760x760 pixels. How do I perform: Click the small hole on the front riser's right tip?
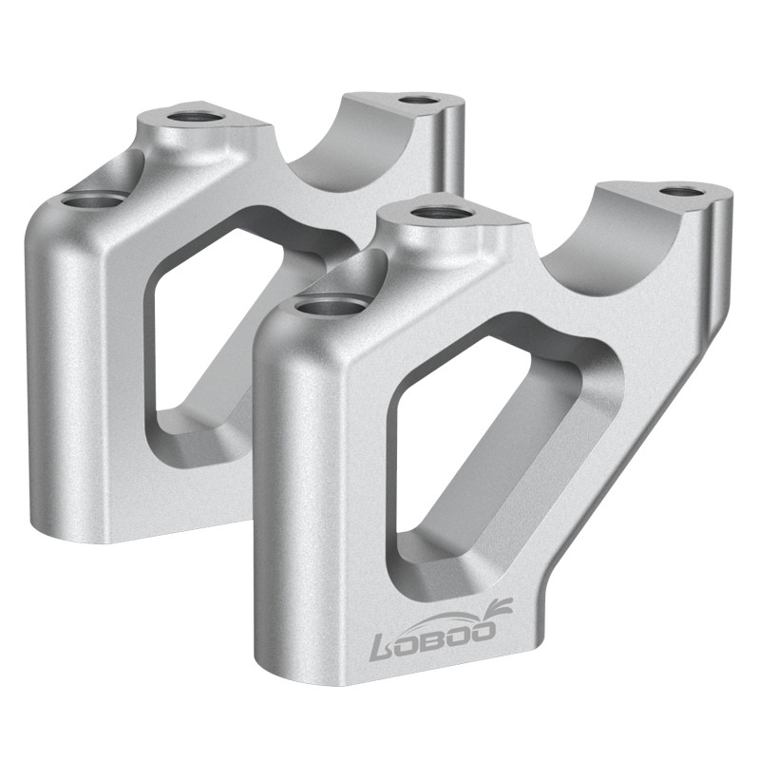click(677, 191)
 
